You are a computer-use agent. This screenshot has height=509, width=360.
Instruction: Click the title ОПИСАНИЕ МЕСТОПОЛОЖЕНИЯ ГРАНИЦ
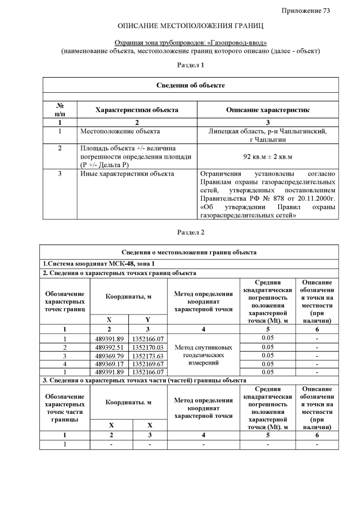(191, 26)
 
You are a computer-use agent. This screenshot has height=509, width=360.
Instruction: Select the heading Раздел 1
(191, 65)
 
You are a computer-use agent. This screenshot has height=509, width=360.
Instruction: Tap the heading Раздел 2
(191, 232)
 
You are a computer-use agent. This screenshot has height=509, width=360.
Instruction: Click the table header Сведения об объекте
(191, 85)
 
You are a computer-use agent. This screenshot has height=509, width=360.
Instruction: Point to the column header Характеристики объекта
(137, 110)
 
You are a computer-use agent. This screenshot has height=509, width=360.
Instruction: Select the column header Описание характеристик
(268, 110)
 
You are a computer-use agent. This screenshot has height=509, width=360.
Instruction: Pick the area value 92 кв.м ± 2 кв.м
(268, 156)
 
